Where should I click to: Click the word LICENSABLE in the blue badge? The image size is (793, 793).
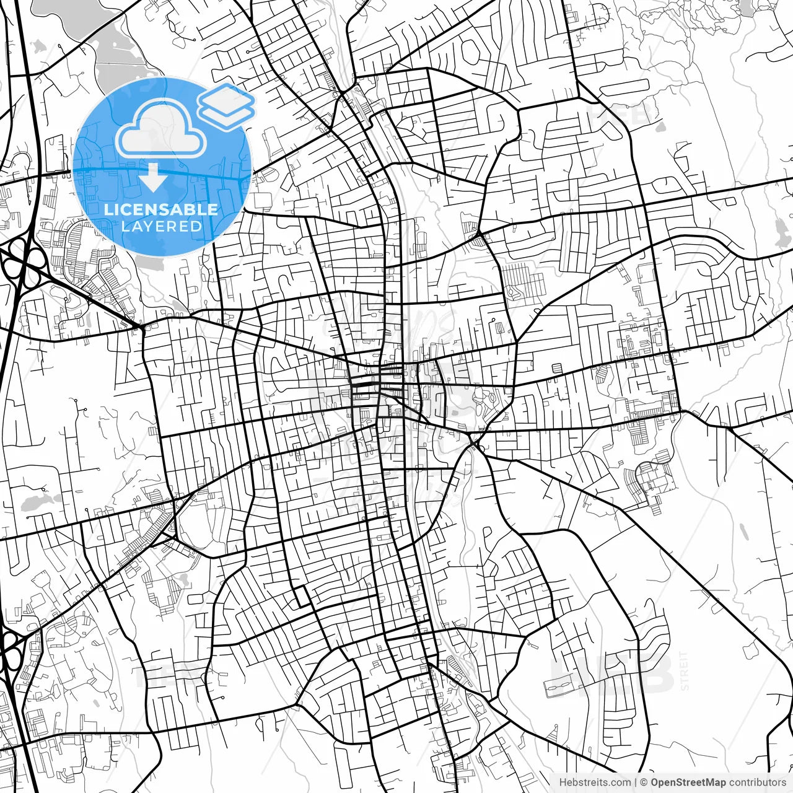161,209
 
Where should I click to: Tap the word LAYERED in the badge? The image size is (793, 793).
161,226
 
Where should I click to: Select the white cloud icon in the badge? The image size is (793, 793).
161,130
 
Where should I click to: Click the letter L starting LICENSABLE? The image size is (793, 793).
108,209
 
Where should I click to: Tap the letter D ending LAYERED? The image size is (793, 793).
198,226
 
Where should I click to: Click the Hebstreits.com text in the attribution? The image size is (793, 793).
595,782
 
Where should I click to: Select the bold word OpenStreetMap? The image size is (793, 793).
688,782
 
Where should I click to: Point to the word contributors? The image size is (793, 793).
758,782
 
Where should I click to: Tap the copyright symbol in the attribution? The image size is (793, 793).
644,782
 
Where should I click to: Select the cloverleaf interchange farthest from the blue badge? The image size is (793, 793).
9,650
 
